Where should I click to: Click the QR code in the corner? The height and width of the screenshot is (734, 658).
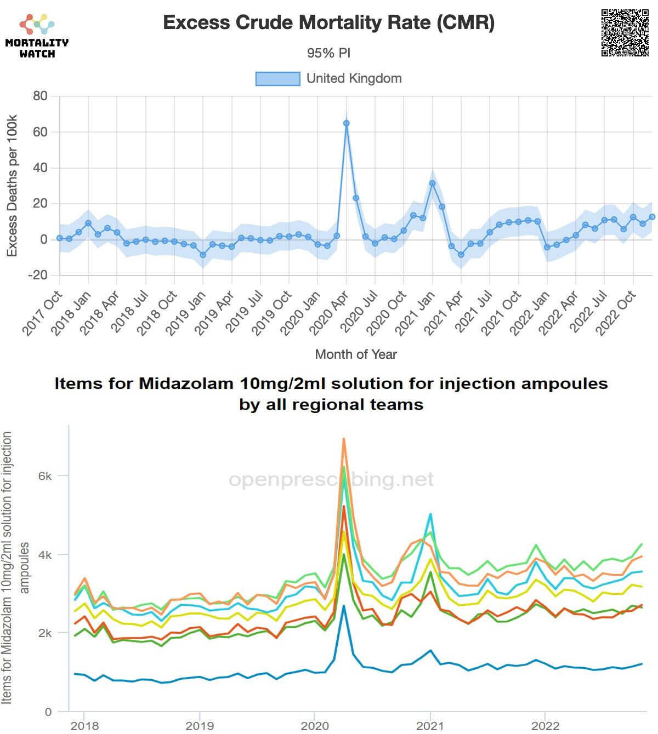coord(625,32)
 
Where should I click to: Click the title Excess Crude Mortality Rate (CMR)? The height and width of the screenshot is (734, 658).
coord(329,22)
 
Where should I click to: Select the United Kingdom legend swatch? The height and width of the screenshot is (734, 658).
coord(278,79)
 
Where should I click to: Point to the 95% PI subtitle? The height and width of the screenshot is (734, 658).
coord(328,53)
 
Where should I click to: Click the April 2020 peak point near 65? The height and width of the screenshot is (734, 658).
coord(346,123)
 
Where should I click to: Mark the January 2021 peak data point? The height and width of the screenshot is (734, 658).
coord(432,184)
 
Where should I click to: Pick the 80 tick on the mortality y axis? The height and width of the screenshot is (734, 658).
coord(40,96)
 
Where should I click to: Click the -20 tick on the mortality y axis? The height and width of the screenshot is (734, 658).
coord(38,275)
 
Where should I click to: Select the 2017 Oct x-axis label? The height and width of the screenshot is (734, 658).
coord(42,313)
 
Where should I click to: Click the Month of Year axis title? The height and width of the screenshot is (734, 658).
coord(355,354)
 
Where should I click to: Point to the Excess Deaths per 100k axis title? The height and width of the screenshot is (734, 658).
coord(12,185)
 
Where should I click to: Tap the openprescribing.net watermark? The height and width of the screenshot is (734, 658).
coord(331,480)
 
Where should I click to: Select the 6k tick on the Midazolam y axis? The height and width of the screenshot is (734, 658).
coord(45,476)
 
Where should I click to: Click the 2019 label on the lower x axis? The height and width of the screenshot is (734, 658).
coord(200,726)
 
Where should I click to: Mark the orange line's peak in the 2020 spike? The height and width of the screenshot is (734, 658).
coord(344,439)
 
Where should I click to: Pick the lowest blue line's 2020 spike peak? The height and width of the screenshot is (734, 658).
coord(344,606)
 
